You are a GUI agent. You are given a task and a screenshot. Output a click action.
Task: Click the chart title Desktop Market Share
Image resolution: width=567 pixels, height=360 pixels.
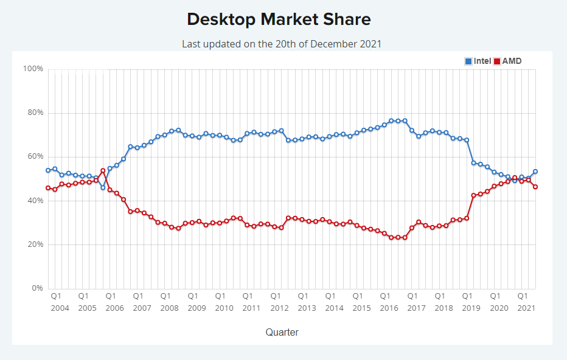click(279, 19)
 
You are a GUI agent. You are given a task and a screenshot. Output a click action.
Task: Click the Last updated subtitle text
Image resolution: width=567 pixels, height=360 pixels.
click(282, 44)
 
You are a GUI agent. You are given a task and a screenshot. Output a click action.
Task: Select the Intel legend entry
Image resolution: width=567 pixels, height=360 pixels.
click(478, 61)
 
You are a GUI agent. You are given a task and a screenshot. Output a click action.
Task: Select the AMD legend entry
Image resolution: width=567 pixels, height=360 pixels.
click(507, 61)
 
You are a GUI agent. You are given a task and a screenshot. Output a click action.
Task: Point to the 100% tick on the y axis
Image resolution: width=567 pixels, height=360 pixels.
click(33, 69)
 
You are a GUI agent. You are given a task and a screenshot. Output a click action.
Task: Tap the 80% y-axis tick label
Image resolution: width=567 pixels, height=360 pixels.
click(33, 113)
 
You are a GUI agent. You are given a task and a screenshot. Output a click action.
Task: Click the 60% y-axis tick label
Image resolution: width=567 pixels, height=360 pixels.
click(33, 157)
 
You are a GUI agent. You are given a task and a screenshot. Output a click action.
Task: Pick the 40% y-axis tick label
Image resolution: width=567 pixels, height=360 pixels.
click(33, 201)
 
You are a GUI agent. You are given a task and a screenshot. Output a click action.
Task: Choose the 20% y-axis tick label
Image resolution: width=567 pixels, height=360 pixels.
click(33, 244)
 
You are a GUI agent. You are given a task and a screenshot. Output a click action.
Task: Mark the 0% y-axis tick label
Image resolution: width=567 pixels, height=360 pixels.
click(36, 288)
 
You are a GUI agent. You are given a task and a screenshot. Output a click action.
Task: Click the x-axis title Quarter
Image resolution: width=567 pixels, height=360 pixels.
click(282, 332)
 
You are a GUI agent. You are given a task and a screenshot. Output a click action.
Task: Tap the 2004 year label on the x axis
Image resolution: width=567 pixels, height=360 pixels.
click(60, 308)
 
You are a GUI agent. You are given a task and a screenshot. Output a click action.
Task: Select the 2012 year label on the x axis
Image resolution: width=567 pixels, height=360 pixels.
click(279, 308)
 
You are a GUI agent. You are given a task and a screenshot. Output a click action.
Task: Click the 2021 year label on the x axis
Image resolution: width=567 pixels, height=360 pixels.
click(526, 308)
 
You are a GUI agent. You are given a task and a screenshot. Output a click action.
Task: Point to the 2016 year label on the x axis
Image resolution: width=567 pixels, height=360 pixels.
click(389, 308)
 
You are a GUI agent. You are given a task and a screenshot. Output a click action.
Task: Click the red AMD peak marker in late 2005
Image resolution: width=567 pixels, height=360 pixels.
click(103, 171)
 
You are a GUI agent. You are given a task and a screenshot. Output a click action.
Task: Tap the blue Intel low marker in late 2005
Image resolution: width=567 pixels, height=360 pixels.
click(103, 187)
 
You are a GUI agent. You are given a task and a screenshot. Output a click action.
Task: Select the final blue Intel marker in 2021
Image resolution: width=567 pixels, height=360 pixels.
click(535, 171)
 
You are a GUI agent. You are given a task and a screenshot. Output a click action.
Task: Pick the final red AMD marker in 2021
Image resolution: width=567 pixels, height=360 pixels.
click(535, 187)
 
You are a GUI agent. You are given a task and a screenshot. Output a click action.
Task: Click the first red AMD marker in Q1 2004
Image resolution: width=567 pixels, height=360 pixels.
click(48, 188)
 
